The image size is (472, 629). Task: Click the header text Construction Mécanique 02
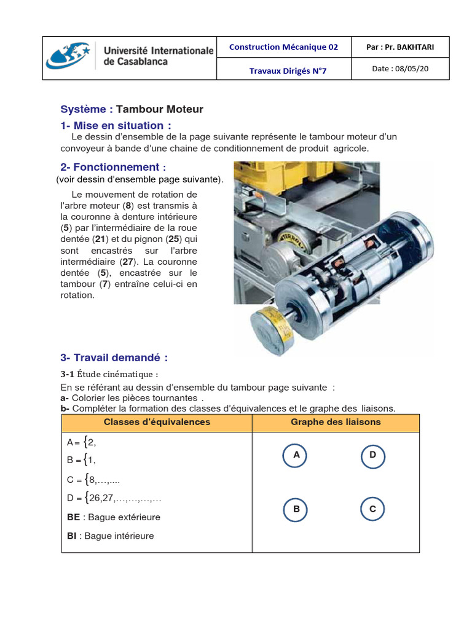click(283, 47)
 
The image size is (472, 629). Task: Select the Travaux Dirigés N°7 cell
click(288, 71)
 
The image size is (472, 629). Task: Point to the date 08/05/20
click(400, 69)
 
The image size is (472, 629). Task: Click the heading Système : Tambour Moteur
click(132, 109)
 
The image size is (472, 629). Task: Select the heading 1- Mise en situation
click(116, 126)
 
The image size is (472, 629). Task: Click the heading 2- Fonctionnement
click(113, 167)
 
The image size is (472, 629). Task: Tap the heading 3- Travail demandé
click(114, 357)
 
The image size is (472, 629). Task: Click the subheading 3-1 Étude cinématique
click(109, 374)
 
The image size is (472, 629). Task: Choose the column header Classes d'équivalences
click(157, 422)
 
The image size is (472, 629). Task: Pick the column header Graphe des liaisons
click(336, 422)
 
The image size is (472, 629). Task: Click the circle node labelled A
click(296, 455)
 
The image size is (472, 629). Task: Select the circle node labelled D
click(372, 455)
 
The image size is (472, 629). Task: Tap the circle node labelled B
click(296, 509)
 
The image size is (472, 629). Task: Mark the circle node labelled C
click(372, 509)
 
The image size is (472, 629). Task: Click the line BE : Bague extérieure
click(114, 517)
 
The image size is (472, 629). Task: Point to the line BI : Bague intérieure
click(111, 536)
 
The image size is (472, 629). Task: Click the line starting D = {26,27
click(114, 497)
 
